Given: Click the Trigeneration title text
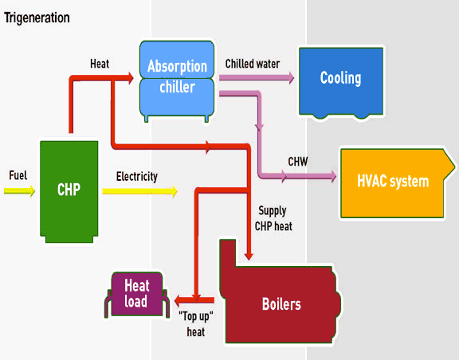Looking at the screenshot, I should [x=37, y=18].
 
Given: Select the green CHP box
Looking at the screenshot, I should [x=69, y=190].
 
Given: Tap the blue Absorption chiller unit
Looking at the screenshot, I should [x=178, y=77].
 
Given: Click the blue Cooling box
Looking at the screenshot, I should [x=340, y=79].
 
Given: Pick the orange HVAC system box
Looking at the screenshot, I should [x=394, y=182].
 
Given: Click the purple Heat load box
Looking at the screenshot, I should [x=136, y=293].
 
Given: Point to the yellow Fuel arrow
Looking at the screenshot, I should [x=19, y=191].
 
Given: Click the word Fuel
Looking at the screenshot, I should [x=18, y=175].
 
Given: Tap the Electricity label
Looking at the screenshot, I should [x=136, y=177].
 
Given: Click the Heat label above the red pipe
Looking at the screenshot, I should [x=100, y=63].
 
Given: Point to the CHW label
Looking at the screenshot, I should [x=298, y=162].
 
